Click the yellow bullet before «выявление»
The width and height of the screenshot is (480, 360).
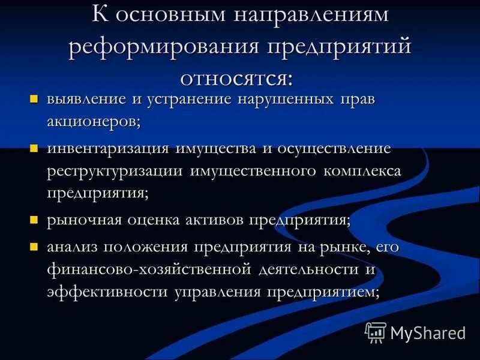point(34,98)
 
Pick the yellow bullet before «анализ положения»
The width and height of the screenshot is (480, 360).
point(34,246)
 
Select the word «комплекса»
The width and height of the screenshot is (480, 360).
point(365,170)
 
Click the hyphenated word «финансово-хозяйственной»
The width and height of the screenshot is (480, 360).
point(148,269)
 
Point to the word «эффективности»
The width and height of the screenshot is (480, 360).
point(107,292)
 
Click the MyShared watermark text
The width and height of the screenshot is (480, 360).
point(428,332)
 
